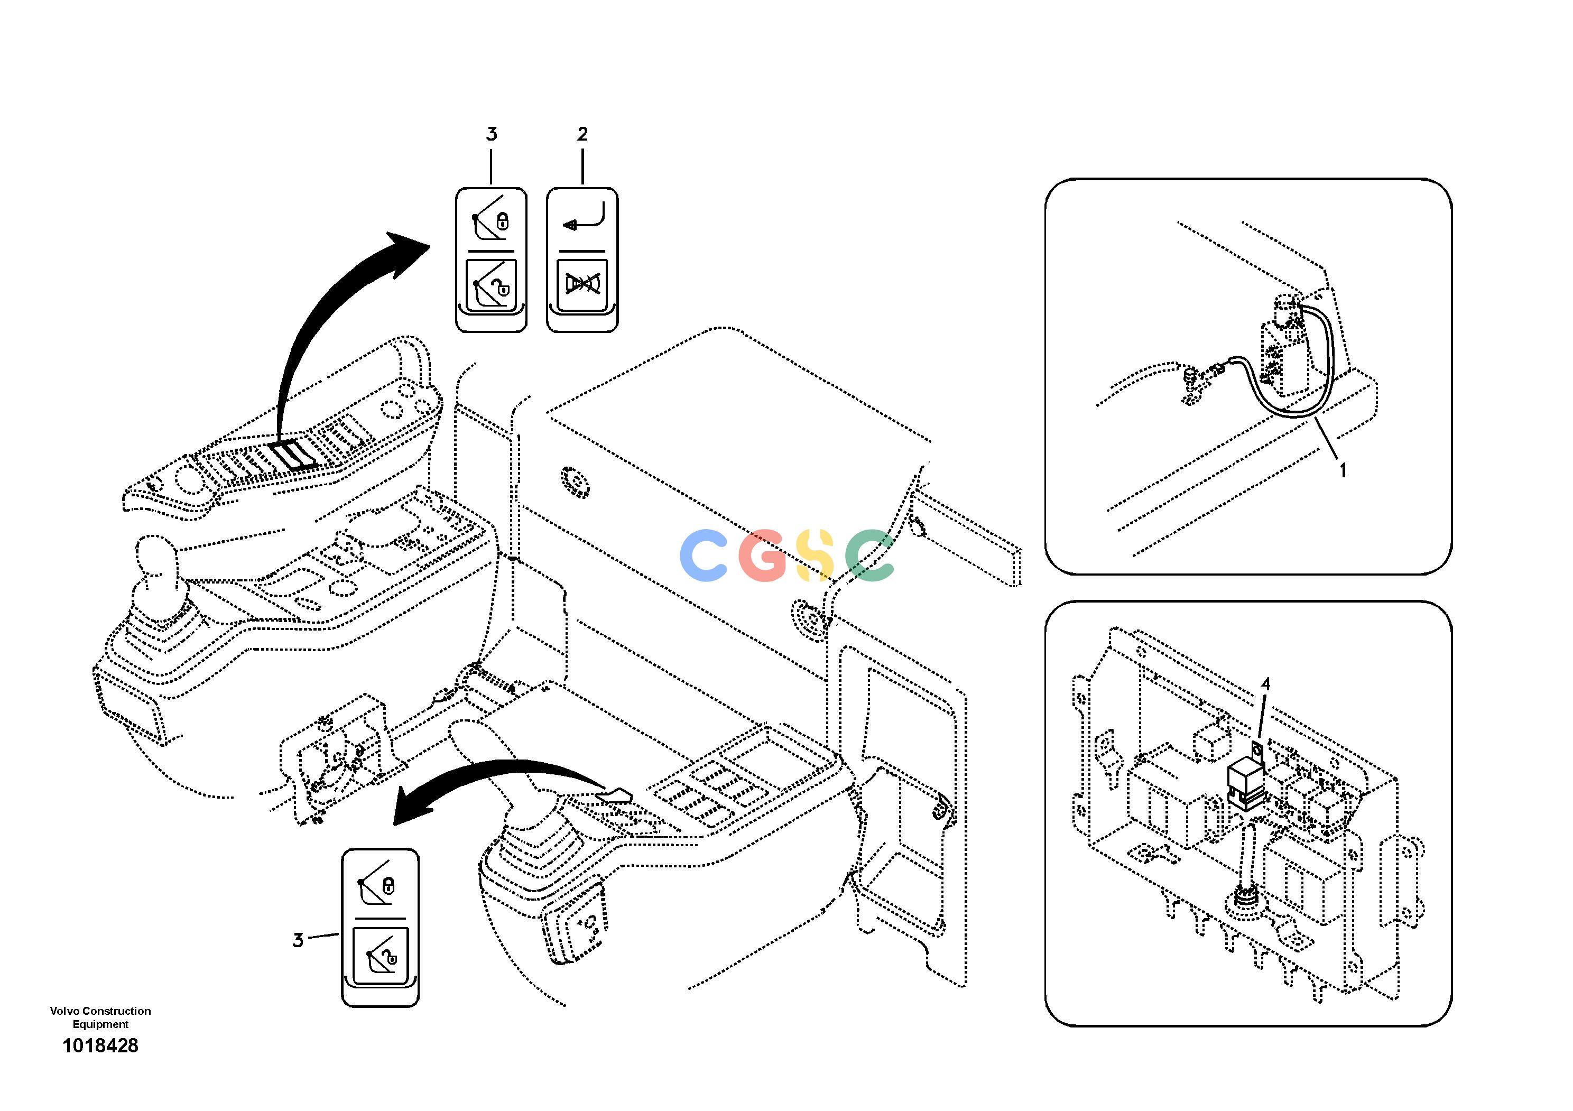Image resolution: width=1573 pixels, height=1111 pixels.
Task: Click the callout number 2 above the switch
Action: tap(582, 134)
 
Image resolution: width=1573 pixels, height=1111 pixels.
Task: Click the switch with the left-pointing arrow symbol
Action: tap(582, 260)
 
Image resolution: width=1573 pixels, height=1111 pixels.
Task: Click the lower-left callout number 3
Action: tap(298, 940)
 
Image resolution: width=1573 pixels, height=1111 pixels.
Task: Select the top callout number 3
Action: tap(491, 134)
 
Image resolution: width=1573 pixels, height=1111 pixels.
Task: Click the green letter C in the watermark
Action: tap(870, 556)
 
